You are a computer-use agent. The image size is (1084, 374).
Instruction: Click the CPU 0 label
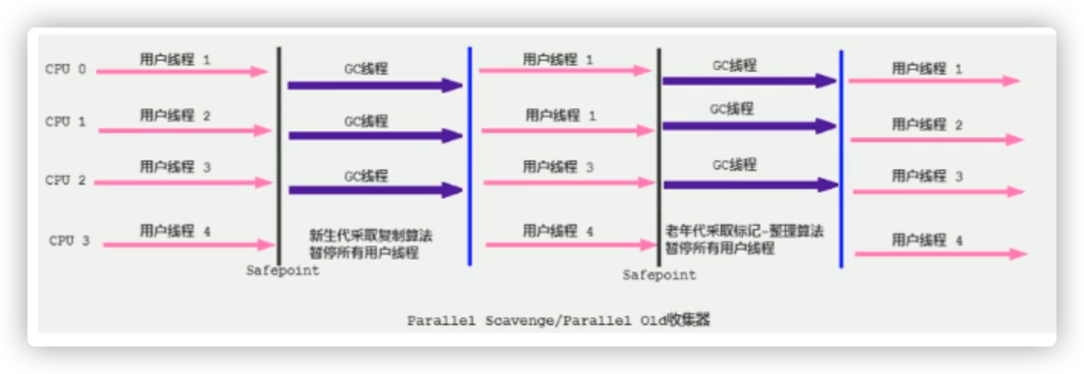pos(66,70)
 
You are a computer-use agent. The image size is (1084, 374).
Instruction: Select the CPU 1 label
pos(66,121)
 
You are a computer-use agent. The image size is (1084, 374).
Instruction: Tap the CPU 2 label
pos(66,181)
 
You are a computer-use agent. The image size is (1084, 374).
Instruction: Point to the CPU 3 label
pos(69,240)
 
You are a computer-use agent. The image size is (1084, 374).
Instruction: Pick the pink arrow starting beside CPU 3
pos(188,245)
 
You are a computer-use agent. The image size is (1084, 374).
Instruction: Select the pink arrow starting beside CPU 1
pos(184,131)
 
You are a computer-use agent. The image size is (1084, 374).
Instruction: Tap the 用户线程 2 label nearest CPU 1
pos(175,115)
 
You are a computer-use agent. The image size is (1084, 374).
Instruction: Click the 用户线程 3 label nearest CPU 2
pos(175,166)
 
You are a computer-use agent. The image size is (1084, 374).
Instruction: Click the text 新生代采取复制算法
pos(370,235)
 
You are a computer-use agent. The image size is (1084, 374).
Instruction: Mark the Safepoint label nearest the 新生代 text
pos(282,271)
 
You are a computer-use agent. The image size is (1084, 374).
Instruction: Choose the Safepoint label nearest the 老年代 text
pos(659,275)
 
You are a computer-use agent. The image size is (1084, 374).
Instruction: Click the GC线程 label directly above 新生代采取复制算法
pos(366,176)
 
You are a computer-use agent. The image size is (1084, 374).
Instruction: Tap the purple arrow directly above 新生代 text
pos(375,191)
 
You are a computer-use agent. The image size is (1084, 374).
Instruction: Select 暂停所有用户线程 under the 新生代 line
pos(363,253)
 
